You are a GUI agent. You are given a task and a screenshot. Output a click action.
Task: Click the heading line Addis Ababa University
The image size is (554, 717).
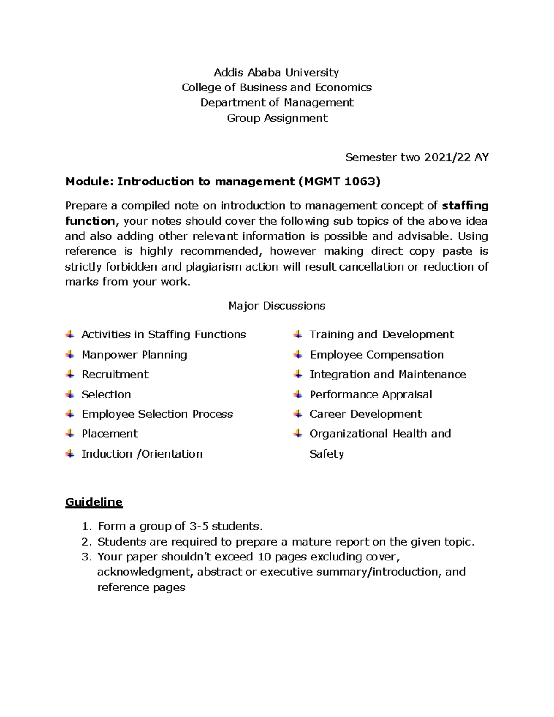point(276,72)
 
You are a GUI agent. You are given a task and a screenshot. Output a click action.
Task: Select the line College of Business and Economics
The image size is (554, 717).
point(277,88)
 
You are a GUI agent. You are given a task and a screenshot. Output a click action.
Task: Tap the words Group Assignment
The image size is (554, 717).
point(277,118)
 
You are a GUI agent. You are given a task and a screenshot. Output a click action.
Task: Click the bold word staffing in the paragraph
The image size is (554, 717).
point(465,205)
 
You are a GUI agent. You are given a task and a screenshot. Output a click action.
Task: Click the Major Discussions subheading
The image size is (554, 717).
point(277,306)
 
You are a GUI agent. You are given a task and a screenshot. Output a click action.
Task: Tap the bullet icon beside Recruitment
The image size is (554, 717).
point(70,374)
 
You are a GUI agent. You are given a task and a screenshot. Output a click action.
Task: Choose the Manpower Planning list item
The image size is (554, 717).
point(134,355)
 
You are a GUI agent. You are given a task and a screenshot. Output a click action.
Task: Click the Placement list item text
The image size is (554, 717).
point(109,434)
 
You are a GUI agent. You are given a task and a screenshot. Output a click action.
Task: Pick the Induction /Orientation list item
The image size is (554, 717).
point(142,454)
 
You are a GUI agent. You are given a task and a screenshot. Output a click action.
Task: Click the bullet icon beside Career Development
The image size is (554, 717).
point(298,414)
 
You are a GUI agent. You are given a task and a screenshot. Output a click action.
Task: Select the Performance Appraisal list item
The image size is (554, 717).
point(370,394)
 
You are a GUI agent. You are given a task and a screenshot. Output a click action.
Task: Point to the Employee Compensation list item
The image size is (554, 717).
point(376,355)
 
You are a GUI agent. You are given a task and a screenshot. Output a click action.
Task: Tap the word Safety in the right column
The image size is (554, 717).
point(326,454)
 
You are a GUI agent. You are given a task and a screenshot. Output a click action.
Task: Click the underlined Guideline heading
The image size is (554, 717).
point(94,502)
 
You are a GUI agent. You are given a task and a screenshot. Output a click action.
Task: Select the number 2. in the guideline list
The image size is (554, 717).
point(86,542)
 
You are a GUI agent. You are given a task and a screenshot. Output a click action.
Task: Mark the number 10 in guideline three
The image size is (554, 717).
point(264,557)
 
